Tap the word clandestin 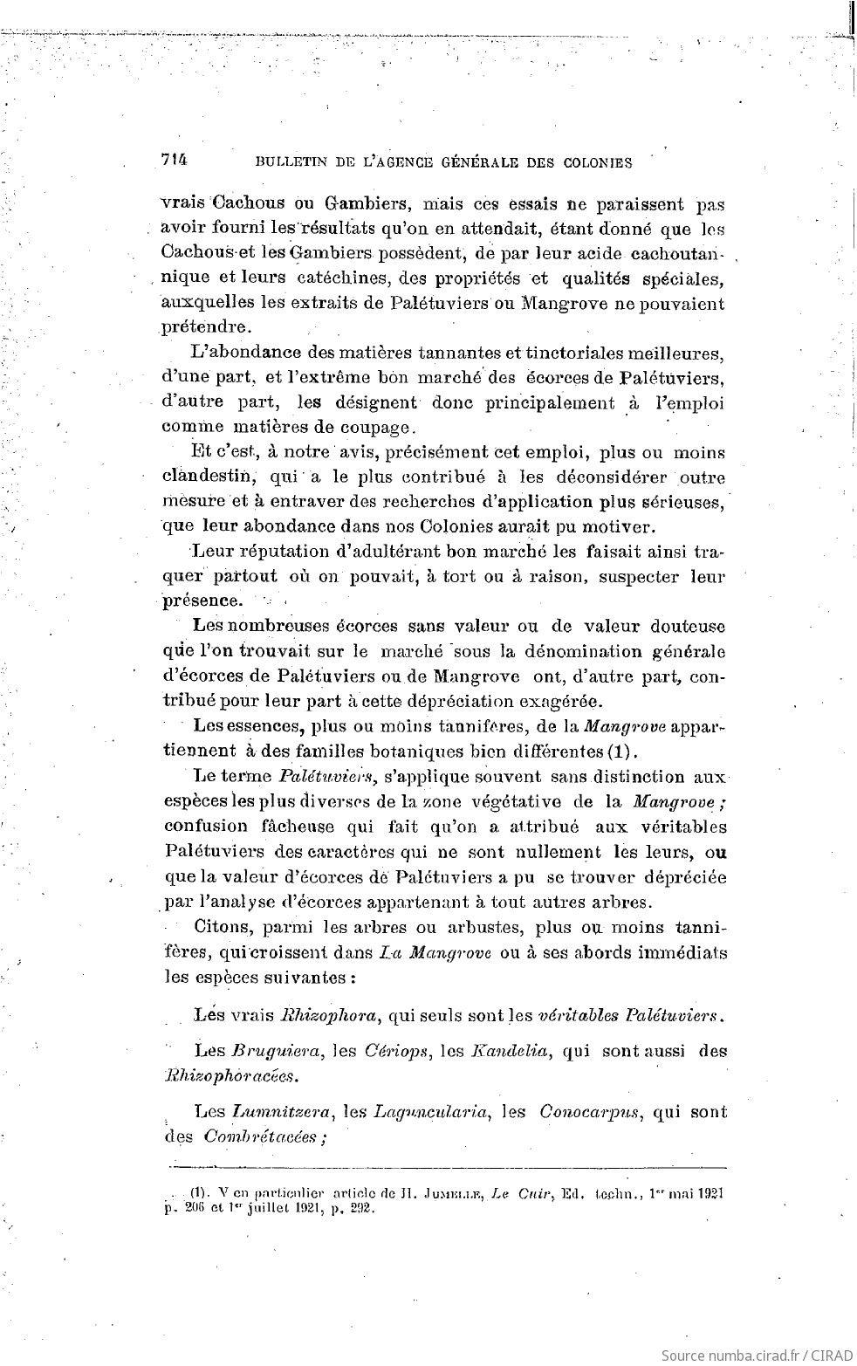pos(208,477)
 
